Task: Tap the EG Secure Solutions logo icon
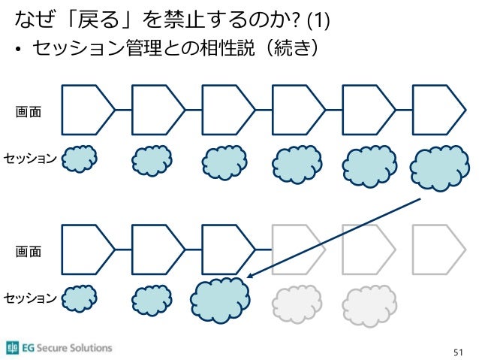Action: tap(12, 347)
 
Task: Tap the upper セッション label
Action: tap(29, 158)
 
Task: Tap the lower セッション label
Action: tap(29, 299)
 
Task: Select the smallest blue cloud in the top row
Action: tap(78, 159)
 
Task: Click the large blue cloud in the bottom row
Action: tap(219, 300)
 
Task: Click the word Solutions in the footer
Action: tap(88, 348)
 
